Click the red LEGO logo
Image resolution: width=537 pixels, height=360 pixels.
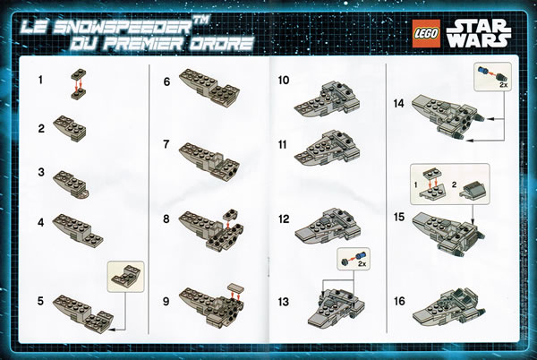point(426,32)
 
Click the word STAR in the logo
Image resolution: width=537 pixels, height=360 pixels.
point(479,26)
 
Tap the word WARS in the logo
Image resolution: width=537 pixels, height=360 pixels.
point(479,40)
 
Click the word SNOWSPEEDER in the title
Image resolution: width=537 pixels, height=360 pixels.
point(124,27)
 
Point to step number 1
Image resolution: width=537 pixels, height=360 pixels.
point(41,81)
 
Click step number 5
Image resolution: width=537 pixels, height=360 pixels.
point(41,301)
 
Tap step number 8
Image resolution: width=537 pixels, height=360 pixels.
point(166,219)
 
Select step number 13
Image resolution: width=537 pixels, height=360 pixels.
point(283,302)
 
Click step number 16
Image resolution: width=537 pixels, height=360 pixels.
point(399,301)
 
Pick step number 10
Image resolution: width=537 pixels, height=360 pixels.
point(284,81)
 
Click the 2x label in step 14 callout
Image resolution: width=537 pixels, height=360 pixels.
point(503,84)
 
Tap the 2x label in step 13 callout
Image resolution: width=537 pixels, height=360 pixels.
point(362,264)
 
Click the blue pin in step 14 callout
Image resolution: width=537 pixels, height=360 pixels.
point(482,72)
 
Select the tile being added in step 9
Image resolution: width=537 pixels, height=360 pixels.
point(235,287)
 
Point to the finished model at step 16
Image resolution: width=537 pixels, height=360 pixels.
point(448,307)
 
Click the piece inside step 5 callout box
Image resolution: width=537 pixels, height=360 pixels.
point(125,276)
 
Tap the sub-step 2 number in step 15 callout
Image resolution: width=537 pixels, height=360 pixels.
point(454,185)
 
